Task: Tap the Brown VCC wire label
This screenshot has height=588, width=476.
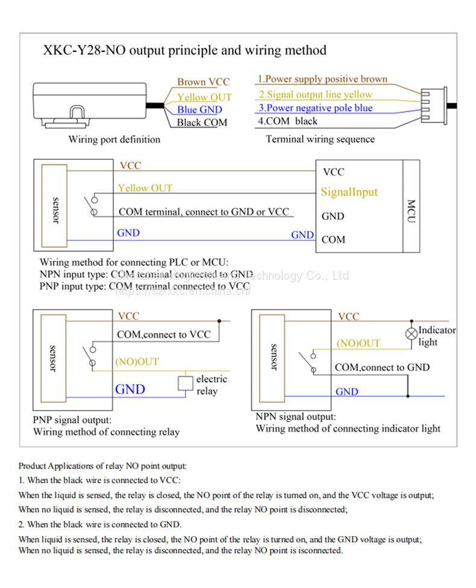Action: coord(203,82)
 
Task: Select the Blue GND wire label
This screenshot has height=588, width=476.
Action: coord(199,110)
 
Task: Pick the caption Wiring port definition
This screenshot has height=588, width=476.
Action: coord(114,139)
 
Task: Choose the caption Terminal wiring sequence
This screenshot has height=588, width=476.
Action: coord(320,139)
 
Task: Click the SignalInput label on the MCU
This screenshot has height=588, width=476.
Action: coord(349,192)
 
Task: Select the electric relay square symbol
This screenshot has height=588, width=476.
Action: coord(185,382)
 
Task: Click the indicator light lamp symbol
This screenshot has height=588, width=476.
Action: coord(411,333)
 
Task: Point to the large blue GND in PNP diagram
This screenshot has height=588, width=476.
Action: coord(130,389)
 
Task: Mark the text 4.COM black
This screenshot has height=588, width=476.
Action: coord(288,121)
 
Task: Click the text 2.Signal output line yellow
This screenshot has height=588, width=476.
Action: coord(315,95)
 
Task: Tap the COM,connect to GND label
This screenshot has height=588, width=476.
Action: coord(382,367)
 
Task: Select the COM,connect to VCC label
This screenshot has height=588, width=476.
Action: coord(164,334)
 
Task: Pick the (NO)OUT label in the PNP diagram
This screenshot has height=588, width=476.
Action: coord(137,362)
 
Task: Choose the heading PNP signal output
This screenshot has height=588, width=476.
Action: coord(72,420)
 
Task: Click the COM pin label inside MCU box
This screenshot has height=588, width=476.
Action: coord(333,239)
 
